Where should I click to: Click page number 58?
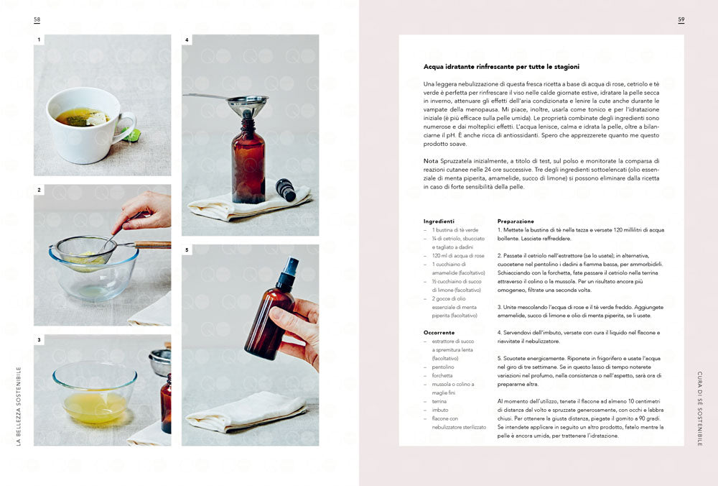click(x=37, y=20)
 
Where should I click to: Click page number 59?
click(x=681, y=20)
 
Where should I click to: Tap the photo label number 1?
click(x=39, y=40)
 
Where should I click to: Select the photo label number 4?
click(x=187, y=40)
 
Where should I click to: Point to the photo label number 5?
click(x=187, y=250)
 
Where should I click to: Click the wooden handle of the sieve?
click(x=153, y=245)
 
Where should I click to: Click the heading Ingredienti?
click(x=439, y=221)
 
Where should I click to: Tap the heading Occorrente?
click(x=439, y=333)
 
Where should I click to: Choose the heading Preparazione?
click(x=516, y=221)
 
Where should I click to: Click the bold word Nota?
click(x=431, y=160)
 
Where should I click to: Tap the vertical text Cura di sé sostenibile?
click(x=700, y=408)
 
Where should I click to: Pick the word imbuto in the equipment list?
click(x=440, y=410)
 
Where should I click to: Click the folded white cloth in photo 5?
click(x=244, y=412)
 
